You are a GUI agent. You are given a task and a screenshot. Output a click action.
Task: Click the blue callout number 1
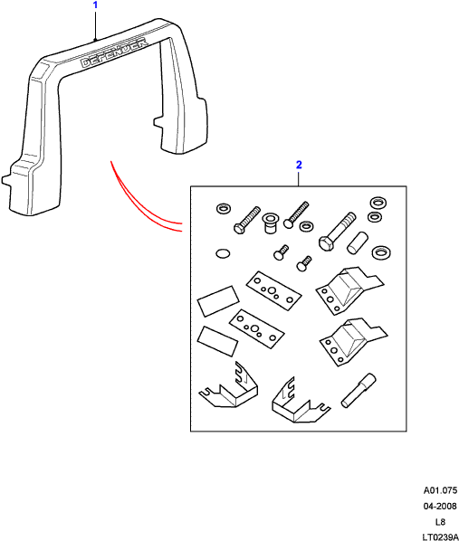coord(96,5)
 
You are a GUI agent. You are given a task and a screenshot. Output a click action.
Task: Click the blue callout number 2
coord(299,165)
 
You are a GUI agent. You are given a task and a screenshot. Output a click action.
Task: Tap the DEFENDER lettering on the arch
coord(114,53)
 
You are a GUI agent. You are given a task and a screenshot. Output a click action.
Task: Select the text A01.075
coord(440,490)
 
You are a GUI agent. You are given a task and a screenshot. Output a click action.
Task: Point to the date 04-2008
coord(440,506)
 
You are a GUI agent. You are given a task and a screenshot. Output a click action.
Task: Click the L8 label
coord(440,522)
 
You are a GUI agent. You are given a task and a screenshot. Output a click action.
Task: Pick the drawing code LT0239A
coord(440,536)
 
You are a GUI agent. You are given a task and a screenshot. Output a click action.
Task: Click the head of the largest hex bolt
coord(325,243)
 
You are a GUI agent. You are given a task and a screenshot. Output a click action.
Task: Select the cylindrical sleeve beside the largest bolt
coord(357,243)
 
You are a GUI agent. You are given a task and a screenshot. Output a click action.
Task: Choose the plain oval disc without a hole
coord(223,253)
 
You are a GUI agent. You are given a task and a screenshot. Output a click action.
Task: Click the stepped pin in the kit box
coord(359,390)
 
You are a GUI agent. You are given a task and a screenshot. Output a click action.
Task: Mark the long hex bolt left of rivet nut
coord(246,221)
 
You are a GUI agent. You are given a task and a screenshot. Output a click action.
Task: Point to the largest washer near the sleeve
coord(381,252)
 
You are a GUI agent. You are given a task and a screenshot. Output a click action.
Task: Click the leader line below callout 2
coord(298,178)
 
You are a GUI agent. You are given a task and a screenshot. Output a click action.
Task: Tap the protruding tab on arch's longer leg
coord(7,180)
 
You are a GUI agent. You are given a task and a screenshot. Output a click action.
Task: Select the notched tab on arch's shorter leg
coord(158,121)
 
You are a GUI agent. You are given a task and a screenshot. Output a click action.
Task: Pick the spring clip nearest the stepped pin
coord(300,402)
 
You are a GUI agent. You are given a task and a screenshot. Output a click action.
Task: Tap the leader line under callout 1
coord(95,25)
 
